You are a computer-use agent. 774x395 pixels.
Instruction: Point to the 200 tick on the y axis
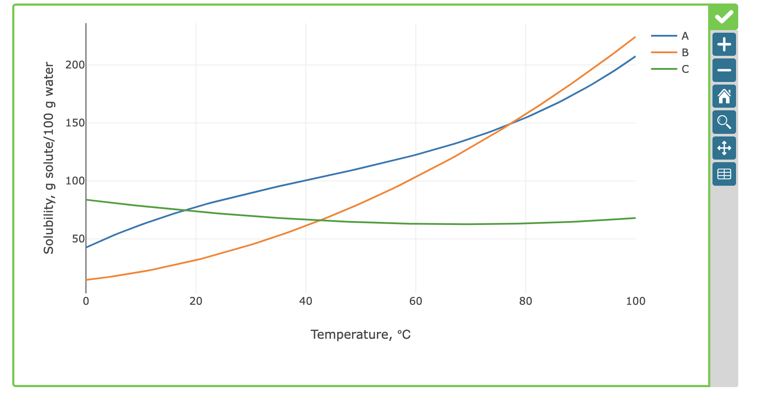[x=75, y=65]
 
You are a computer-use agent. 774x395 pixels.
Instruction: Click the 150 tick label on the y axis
[x=75, y=123]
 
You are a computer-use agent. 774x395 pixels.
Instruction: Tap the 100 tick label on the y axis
[x=75, y=181]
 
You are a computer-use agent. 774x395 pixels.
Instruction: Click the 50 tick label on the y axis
[x=78, y=239]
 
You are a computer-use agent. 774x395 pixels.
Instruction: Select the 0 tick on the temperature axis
[x=86, y=301]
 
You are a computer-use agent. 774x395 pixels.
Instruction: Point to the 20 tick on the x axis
[x=196, y=301]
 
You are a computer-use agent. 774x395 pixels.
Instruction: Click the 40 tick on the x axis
[x=306, y=301]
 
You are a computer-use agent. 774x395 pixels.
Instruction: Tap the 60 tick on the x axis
[x=416, y=301]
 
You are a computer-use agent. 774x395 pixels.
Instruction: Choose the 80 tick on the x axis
[x=526, y=301]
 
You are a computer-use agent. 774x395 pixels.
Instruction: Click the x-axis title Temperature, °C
[x=360, y=335]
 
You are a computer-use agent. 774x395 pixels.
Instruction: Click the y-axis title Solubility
[x=49, y=158]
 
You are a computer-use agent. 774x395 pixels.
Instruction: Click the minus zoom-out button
[x=724, y=70]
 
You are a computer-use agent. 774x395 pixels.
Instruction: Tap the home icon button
[x=724, y=96]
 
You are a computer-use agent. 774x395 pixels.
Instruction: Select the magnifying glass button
[x=724, y=122]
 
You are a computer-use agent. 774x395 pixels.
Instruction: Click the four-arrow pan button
[x=724, y=148]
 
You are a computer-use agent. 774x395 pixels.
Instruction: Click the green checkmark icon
[x=724, y=17]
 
